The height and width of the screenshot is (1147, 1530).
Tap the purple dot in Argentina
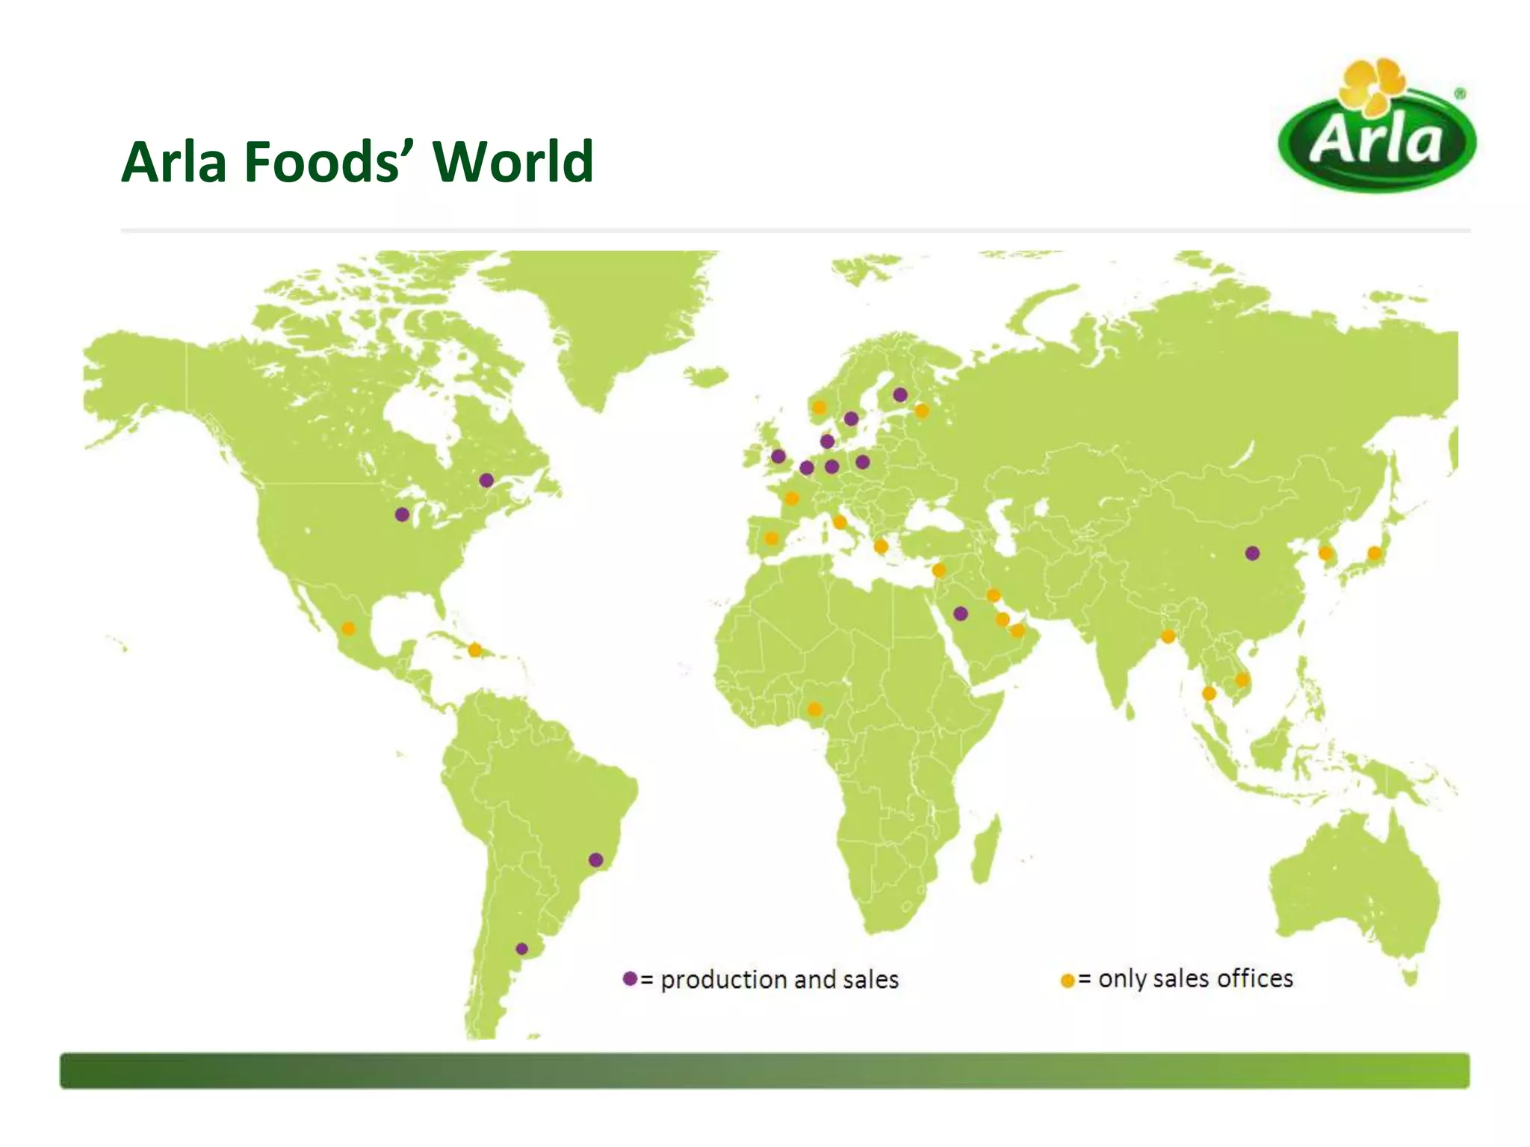coord(522,949)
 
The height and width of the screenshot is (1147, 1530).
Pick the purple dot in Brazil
coord(595,860)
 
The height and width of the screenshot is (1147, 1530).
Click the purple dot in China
coord(1252,553)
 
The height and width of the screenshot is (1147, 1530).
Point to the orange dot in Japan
coord(1374,553)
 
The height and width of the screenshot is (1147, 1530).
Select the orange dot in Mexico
coord(348,629)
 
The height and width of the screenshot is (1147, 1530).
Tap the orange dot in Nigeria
coord(814,709)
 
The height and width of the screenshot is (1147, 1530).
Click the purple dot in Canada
coord(486,480)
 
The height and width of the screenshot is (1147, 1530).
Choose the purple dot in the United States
coord(402,515)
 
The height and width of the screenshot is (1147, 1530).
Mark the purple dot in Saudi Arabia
coord(961,614)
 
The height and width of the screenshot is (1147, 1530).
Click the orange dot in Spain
coord(772,538)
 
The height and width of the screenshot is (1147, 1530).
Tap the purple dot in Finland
coord(900,394)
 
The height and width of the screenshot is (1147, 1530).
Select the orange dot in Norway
coord(819,407)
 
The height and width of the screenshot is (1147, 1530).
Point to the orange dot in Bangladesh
coord(1168,636)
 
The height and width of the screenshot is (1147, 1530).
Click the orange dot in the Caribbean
coord(474,650)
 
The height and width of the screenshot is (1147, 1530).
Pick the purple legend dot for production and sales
coord(630,978)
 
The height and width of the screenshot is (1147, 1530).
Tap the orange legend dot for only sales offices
coord(1068,980)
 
